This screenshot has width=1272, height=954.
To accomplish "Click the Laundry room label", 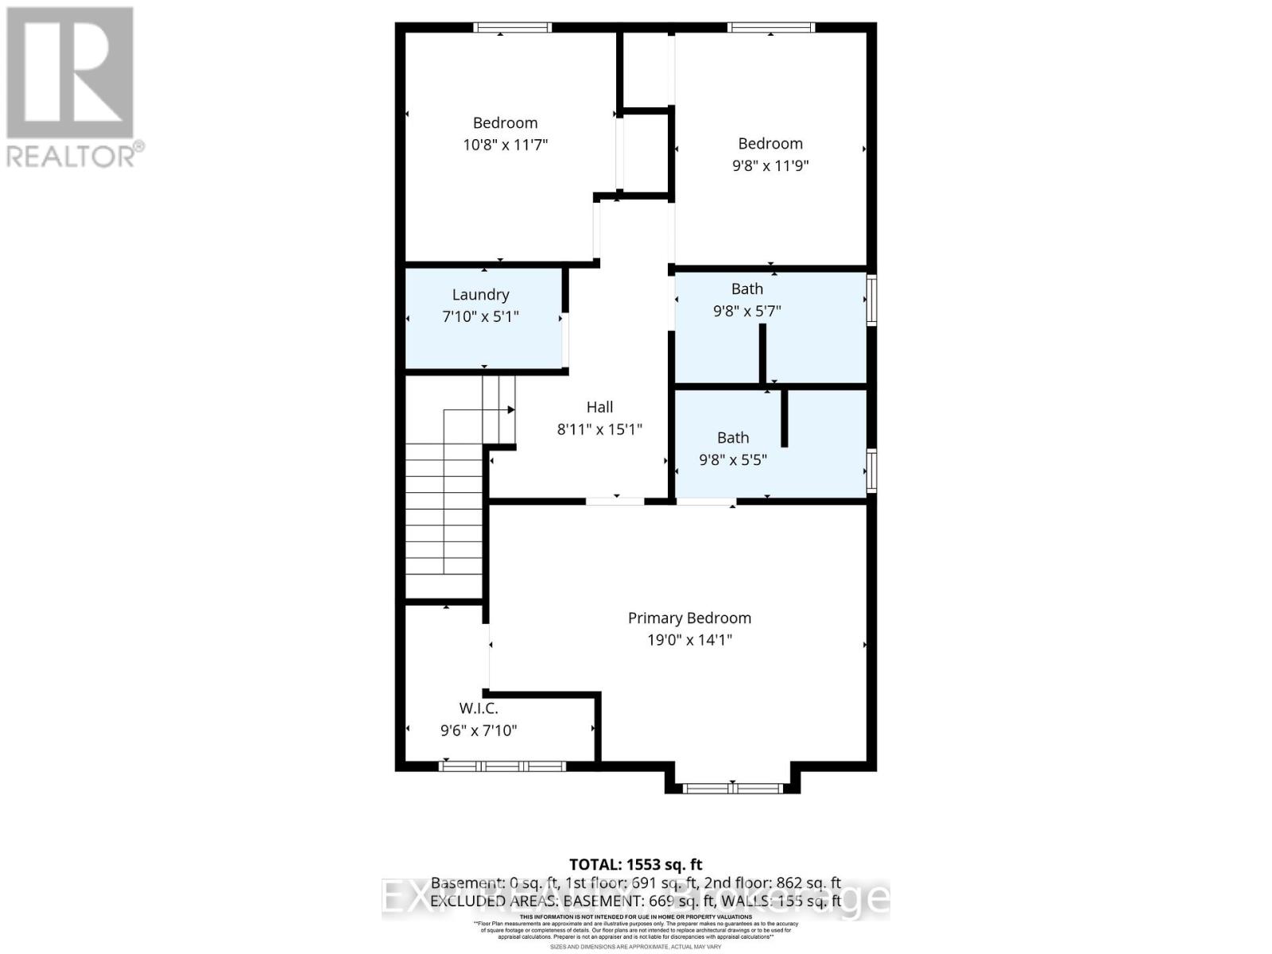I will coord(480,294).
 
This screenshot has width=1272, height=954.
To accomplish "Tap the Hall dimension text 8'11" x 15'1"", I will coord(599,429).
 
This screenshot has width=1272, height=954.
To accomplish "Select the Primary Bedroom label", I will coord(689,618).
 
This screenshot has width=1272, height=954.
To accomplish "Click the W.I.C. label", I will coord(479,708).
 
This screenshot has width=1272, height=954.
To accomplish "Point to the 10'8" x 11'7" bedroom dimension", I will coord(506,145).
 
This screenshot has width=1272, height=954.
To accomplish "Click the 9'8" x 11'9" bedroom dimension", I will coord(770,165).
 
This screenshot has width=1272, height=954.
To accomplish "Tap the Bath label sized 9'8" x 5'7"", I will coord(747,289).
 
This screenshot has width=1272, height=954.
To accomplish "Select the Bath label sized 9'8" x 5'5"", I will coord(733,437).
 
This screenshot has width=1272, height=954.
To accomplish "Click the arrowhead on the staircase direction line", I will coord(511,409).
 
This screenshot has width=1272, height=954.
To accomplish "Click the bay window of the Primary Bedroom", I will coord(732,788).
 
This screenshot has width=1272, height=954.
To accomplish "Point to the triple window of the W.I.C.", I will coord(502,766).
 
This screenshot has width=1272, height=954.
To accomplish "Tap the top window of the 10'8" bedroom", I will coord(512,27).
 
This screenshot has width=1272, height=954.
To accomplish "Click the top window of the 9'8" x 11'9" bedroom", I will coord(771,27).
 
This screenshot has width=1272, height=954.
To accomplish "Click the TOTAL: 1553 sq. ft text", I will coord(636,864).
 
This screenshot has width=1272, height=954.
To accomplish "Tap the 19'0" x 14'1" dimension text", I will coord(689,640).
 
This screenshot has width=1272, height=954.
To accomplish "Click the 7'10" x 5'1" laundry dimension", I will coord(480,316).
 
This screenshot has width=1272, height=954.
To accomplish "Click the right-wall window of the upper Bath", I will coord(871,300).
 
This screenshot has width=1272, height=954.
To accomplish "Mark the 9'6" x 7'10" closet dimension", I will coord(479,730).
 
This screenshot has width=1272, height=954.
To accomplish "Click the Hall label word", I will coord(599,407).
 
